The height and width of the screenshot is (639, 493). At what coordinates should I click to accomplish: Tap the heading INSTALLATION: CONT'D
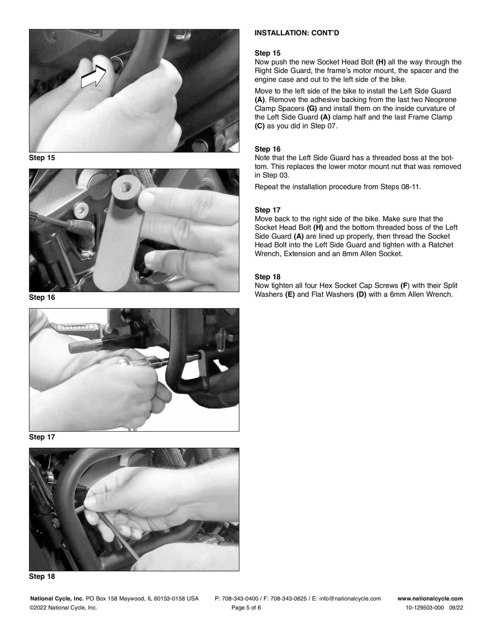click(297, 33)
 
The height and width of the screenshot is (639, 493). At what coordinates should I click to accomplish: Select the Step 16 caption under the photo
click(42, 298)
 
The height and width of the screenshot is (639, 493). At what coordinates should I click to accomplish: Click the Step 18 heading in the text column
click(267, 277)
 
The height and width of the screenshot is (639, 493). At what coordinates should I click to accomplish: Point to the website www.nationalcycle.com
click(430, 599)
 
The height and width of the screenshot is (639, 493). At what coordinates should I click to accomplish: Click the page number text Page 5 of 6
click(246, 608)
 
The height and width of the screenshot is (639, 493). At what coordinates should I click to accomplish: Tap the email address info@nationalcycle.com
click(350, 599)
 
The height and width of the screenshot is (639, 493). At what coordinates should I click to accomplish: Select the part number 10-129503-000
click(425, 608)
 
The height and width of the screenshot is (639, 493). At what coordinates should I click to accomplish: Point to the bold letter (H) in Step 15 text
click(381, 62)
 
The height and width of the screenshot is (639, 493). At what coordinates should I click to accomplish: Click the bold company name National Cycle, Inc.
click(57, 599)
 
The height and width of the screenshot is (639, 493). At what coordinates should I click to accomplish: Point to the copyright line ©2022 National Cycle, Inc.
click(63, 608)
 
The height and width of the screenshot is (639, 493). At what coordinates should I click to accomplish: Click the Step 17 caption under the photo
click(42, 437)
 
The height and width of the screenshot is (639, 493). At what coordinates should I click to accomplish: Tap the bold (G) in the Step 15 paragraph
click(312, 109)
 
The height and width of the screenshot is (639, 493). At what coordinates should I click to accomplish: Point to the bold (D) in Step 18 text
click(361, 294)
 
